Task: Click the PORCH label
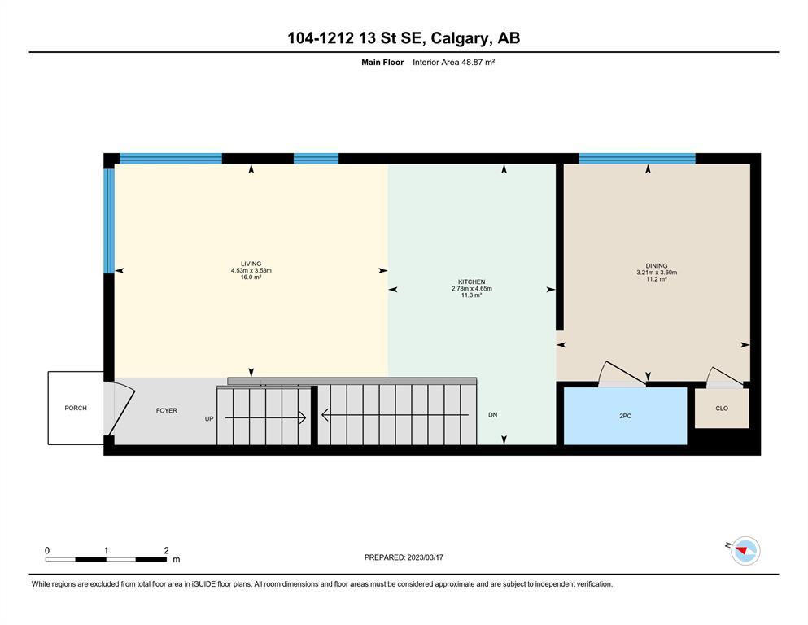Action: pyautogui.click(x=76, y=408)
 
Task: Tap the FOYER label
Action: pyautogui.click(x=167, y=411)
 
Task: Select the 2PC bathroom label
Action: pyautogui.click(x=625, y=416)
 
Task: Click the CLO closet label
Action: pyautogui.click(x=722, y=408)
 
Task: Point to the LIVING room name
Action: pyautogui.click(x=251, y=264)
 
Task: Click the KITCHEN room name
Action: pyautogui.click(x=471, y=282)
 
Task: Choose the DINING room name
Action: pyautogui.click(x=657, y=266)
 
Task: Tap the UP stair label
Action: pyautogui.click(x=209, y=419)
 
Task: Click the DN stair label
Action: pyautogui.click(x=492, y=415)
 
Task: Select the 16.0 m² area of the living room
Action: pyautogui.click(x=251, y=278)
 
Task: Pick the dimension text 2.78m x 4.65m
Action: pyautogui.click(x=471, y=289)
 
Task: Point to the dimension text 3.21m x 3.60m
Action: pyautogui.click(x=657, y=273)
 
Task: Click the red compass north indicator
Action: pyautogui.click(x=742, y=551)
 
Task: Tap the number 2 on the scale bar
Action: pyautogui.click(x=167, y=551)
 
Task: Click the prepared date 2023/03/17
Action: pyautogui.click(x=425, y=557)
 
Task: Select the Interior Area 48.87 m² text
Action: pyautogui.click(x=453, y=63)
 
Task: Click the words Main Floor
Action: pyautogui.click(x=382, y=63)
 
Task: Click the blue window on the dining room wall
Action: pyautogui.click(x=637, y=158)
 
